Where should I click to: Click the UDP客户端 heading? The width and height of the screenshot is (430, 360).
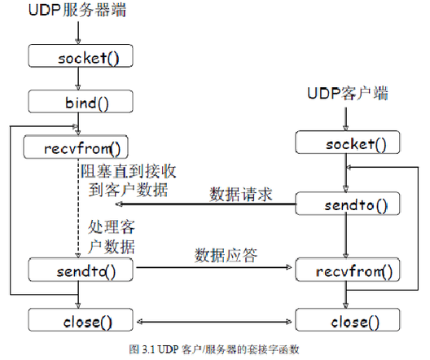(348, 94)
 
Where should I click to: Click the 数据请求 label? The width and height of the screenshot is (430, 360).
(240, 195)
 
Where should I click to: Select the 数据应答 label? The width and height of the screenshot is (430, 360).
(226, 255)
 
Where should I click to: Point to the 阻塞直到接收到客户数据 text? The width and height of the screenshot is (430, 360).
(126, 181)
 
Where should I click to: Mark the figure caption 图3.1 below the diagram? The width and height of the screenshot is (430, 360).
(214, 348)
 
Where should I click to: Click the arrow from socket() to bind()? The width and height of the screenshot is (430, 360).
(77, 80)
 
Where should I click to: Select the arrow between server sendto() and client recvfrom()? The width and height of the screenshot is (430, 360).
(213, 267)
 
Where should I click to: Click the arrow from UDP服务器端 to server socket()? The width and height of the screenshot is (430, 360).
(77, 33)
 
